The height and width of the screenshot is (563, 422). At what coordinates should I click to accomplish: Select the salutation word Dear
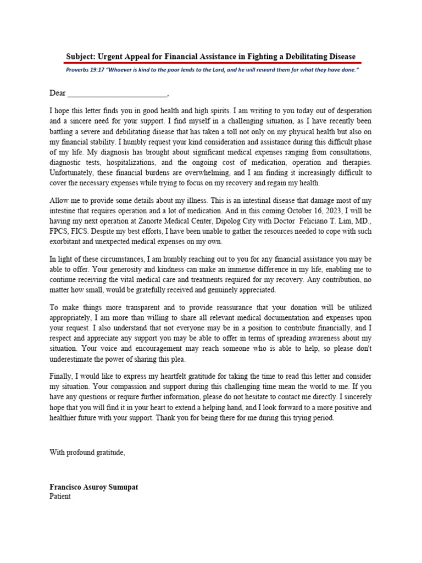coord(58,93)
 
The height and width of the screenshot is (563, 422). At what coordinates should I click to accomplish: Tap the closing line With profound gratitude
coord(87,452)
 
